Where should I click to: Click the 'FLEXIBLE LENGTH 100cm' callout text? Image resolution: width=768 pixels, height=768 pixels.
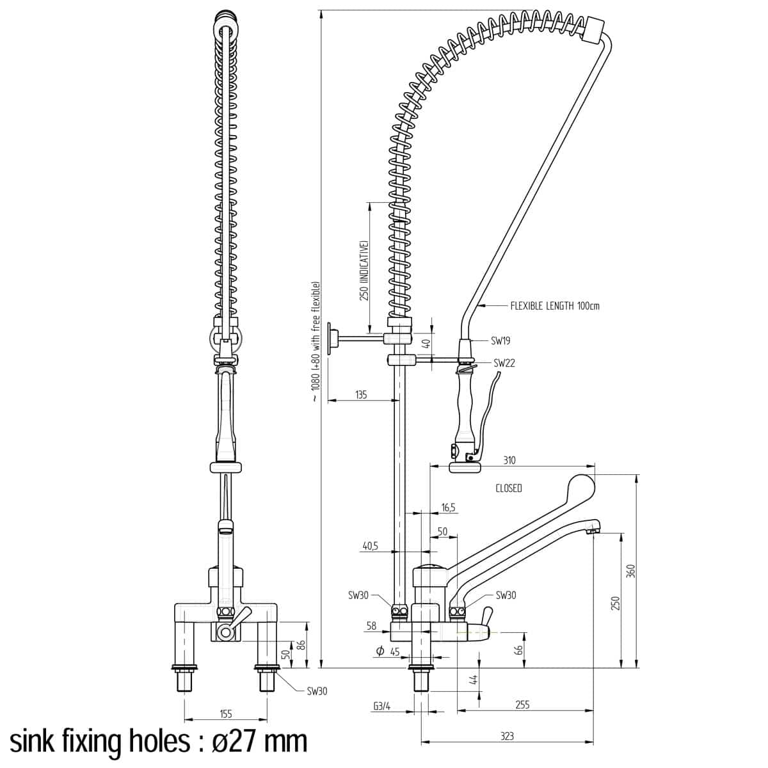pos(554,306)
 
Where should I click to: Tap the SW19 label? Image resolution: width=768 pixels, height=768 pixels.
pos(500,341)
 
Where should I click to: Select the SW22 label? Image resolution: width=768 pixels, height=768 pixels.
pos(504,363)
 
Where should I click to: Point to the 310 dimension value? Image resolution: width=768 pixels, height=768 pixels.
pos(509,460)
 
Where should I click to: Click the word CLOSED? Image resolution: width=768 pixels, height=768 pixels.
pos(509,488)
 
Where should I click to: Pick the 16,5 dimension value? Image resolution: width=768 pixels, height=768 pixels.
pos(448,508)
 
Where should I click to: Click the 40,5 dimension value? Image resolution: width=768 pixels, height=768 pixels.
pos(371,546)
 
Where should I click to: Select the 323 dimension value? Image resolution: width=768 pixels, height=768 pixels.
pos(506,736)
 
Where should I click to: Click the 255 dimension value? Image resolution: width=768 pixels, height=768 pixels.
pos(522,705)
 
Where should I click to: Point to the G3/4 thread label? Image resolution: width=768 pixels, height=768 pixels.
pos(382,706)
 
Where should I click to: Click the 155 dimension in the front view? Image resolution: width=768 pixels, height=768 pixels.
pos(225,714)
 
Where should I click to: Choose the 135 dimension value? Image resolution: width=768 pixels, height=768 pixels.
pos(360,395)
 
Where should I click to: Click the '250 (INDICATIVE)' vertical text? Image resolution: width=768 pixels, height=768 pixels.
pos(364,270)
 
